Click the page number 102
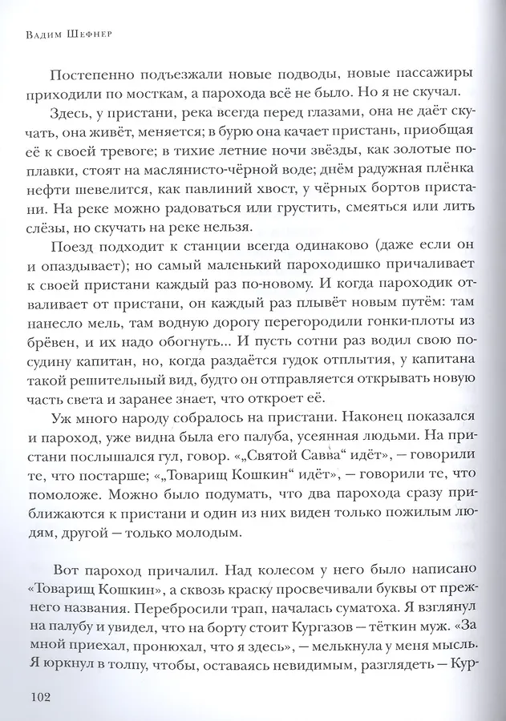pos(39,696)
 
